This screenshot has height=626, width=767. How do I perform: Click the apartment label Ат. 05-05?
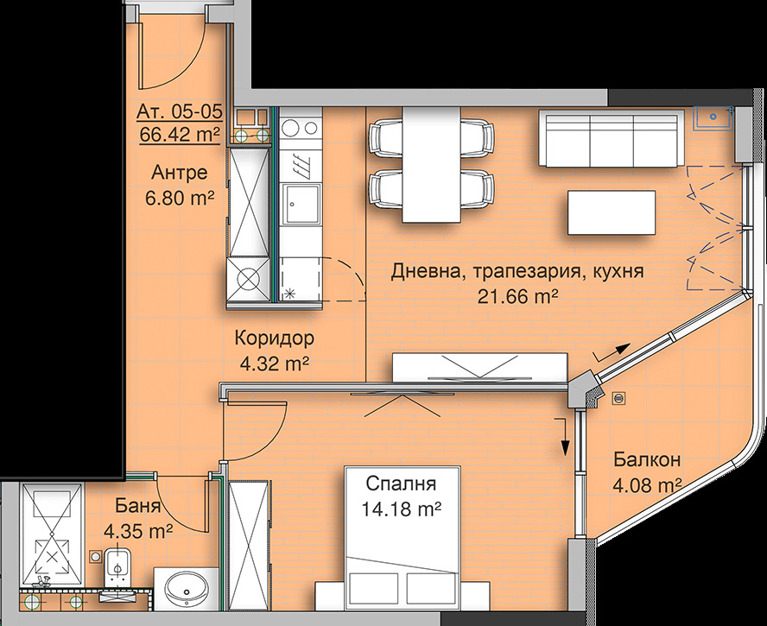click(180, 112)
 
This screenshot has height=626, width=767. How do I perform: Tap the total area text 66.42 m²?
click(180, 134)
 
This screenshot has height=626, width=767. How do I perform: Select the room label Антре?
click(180, 173)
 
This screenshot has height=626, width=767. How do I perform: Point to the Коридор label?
click(274, 338)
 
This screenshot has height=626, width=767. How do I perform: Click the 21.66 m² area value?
click(518, 296)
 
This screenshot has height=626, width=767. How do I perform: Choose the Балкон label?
click(647, 459)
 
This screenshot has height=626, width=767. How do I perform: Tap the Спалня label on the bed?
click(401, 484)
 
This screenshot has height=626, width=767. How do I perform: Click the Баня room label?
click(138, 506)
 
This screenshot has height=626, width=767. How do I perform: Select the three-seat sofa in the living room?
click(612, 138)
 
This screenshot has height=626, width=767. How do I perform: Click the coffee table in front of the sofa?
click(612, 212)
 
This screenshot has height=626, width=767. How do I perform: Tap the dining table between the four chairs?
click(432, 165)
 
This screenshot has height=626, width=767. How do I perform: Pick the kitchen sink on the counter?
click(301, 204)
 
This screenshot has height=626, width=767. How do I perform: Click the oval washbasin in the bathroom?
click(186, 589)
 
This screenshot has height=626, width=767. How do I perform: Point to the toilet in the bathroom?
click(117, 568)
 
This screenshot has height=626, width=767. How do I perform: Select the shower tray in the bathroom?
click(51, 534)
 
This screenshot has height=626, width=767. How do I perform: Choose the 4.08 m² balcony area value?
click(647, 485)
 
